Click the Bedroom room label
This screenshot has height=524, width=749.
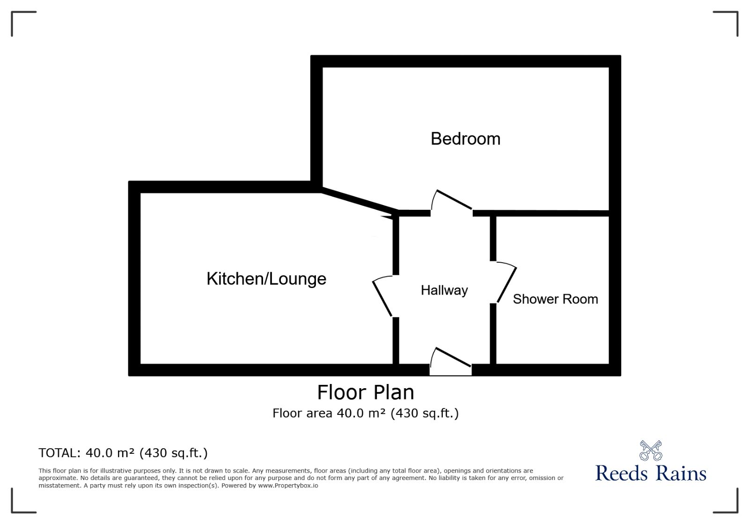(465, 139)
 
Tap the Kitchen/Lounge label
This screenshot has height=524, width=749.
(266, 279)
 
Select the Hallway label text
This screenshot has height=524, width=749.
(444, 290)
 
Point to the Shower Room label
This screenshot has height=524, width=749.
(555, 299)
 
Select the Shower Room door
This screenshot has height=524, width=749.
(506, 283)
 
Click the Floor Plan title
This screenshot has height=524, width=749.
(366, 392)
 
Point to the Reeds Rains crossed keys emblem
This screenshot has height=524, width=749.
(651, 450)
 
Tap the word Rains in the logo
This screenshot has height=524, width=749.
(681, 473)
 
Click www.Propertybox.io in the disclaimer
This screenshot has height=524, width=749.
(288, 486)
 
